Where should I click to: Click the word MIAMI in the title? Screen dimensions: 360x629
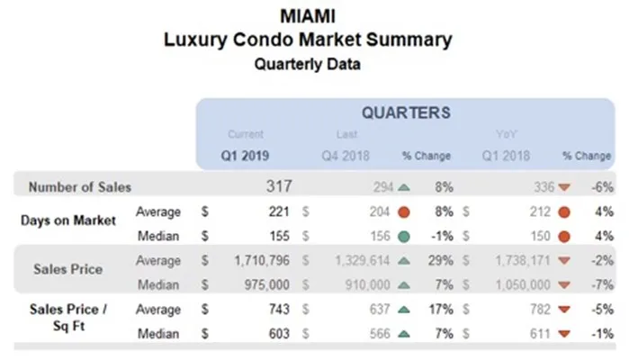click(308, 17)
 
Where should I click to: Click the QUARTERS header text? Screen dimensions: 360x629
click(406, 113)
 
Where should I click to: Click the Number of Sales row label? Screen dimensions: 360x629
click(79, 187)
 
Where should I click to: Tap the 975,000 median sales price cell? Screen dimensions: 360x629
click(265, 283)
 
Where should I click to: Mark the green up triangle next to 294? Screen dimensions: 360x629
click(402, 187)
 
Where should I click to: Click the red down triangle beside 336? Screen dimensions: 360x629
click(564, 187)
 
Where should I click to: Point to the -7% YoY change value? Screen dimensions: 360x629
click(604, 283)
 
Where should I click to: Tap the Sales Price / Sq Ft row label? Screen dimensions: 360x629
click(67, 318)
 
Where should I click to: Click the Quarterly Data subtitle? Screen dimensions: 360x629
click(307, 65)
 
